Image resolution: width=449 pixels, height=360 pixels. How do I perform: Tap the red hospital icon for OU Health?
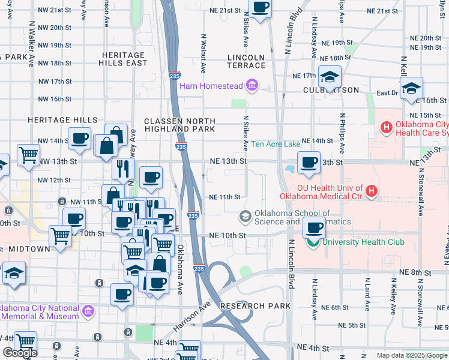pyautogui.click(x=372, y=191)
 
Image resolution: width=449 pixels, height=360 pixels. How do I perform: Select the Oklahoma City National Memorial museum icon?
pyautogui.click(x=88, y=311)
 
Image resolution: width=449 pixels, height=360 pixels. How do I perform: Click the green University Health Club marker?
pyautogui.click(x=312, y=242)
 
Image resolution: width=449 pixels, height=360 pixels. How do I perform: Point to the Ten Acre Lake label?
pyautogui.click(x=275, y=144)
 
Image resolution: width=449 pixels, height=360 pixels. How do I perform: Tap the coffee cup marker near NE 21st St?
pyautogui.click(x=260, y=8)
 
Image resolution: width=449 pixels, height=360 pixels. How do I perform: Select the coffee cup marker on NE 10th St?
pyautogui.click(x=315, y=229)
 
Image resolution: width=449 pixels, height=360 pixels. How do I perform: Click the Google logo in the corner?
pyautogui.click(x=19, y=353)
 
